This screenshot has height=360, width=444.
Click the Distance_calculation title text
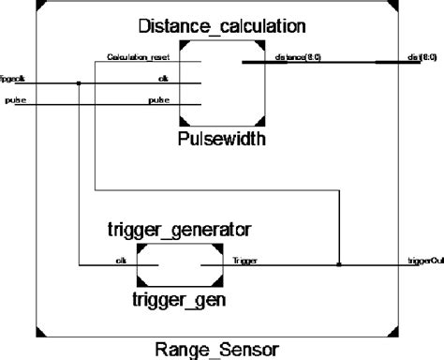click(221, 23)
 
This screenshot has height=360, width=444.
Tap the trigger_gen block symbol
click(179, 266)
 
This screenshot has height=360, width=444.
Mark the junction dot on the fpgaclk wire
click(80, 82)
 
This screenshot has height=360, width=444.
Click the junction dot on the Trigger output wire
click(339, 264)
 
